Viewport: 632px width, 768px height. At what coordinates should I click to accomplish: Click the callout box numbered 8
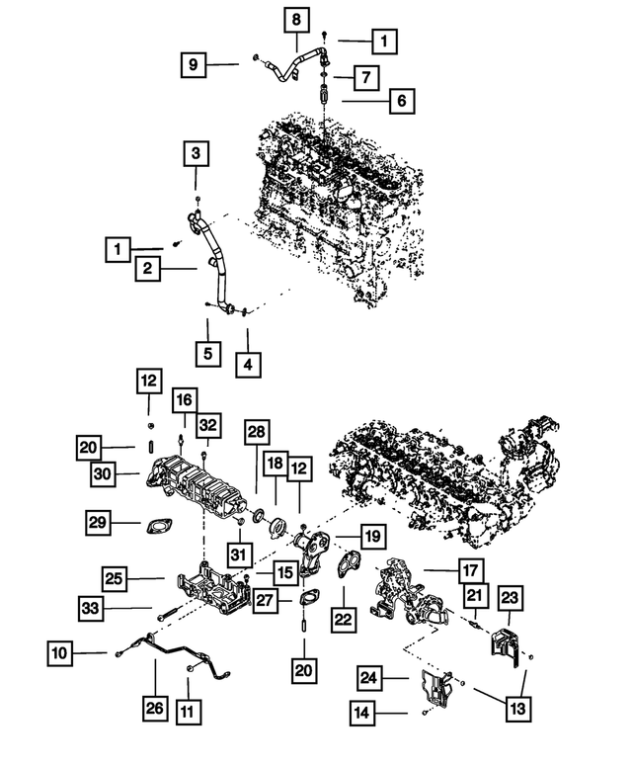point(297,19)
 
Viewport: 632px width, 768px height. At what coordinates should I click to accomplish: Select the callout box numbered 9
point(195,64)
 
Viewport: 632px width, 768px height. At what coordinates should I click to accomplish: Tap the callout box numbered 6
point(401,100)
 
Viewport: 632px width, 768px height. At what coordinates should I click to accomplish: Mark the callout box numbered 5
point(207,352)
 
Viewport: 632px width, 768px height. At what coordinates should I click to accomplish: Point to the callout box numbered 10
point(60,652)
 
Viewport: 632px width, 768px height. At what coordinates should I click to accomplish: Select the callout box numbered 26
point(154,709)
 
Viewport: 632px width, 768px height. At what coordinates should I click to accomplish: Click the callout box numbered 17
point(470,570)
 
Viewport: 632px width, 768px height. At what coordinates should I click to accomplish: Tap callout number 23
point(510,598)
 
